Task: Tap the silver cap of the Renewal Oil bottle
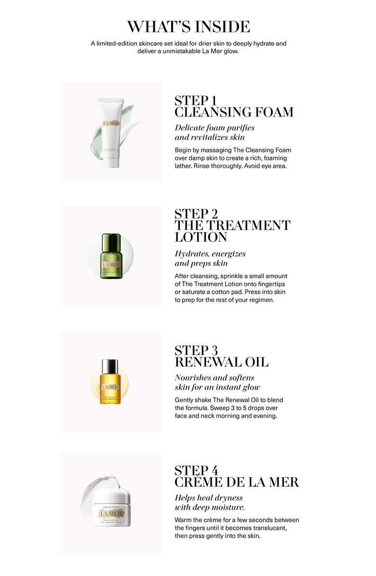(x=110, y=367)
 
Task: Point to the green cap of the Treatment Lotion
(x=111, y=240)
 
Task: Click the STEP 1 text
(x=195, y=101)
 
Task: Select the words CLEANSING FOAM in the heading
(x=234, y=113)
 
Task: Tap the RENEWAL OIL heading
(x=221, y=362)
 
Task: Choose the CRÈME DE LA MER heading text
(x=236, y=482)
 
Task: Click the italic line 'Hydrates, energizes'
(x=210, y=254)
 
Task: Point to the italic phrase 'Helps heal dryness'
(x=209, y=497)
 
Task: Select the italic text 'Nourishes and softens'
(x=215, y=378)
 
